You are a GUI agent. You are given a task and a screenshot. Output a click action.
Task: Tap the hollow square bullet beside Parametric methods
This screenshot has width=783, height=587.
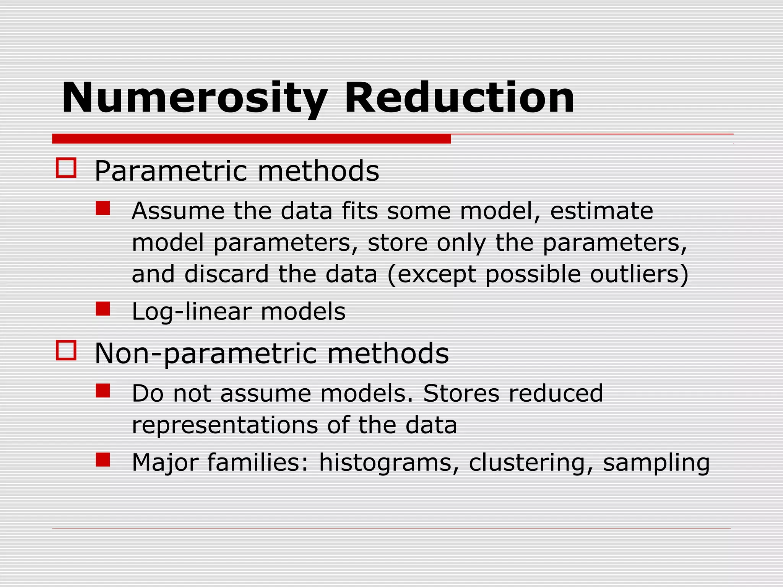66,168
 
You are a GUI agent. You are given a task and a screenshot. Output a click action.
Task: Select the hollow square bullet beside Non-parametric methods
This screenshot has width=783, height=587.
66,350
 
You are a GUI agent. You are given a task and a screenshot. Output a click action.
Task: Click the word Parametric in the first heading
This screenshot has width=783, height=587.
171,171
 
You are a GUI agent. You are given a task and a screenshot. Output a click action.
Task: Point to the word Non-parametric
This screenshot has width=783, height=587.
206,354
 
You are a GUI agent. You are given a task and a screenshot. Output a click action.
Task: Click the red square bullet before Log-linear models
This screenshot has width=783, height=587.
103,309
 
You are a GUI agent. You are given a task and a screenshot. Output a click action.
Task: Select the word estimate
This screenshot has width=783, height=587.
601,211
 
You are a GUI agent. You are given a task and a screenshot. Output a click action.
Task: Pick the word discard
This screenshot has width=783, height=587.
226,274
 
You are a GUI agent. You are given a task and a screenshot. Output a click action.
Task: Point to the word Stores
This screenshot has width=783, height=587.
461,393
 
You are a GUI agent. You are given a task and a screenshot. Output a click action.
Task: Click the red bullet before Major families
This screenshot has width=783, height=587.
103,460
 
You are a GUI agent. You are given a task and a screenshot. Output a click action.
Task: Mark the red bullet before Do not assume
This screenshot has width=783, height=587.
103,391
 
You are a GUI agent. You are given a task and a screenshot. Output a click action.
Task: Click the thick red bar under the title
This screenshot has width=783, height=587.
251,139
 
